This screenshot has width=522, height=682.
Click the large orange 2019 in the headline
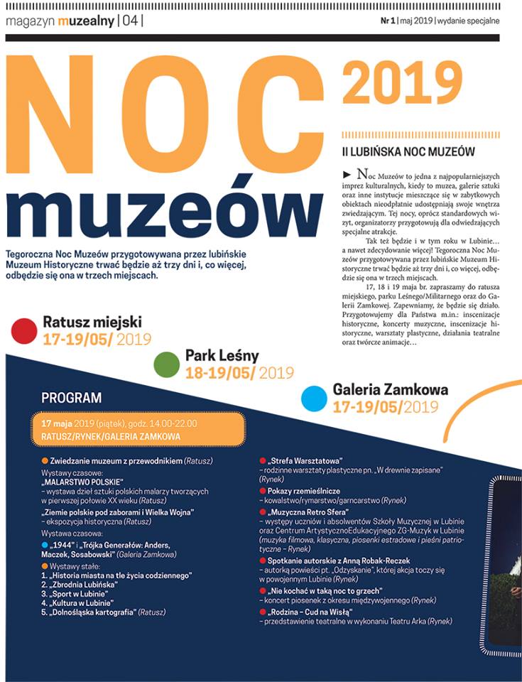click(402, 84)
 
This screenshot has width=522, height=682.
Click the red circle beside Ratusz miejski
click(24, 330)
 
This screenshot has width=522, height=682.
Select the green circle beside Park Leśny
click(166, 363)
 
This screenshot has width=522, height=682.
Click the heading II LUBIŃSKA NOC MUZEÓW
click(408, 151)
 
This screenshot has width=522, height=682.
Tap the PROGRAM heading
click(71, 398)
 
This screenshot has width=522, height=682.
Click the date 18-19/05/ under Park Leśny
click(220, 372)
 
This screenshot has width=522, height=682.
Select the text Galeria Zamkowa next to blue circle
click(390, 390)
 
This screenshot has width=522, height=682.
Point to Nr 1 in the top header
click(387, 21)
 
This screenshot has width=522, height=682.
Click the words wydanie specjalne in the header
click(468, 21)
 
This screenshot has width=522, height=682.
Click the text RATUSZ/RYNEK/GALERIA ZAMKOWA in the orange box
click(111, 435)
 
